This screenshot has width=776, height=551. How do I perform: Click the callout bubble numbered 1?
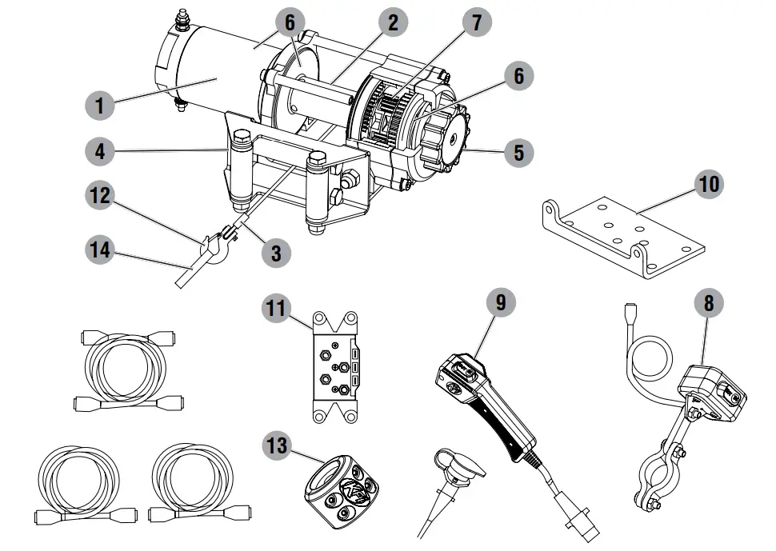click(x=100, y=104)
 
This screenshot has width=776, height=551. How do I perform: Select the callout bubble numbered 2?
click(x=392, y=22)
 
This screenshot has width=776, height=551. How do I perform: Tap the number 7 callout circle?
click(x=478, y=22)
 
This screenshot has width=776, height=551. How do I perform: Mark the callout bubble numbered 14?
click(x=100, y=251)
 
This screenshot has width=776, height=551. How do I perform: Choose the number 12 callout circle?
click(x=100, y=196)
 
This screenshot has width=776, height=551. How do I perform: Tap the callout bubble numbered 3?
click(x=276, y=253)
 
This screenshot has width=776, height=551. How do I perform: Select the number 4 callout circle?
click(x=100, y=150)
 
